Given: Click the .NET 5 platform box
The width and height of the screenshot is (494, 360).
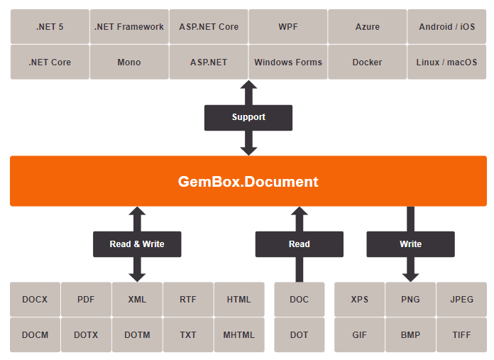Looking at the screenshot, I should [x=50, y=27].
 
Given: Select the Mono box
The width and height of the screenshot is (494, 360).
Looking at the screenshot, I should [x=129, y=62].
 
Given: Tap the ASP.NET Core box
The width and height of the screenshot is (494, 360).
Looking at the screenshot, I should [x=209, y=27].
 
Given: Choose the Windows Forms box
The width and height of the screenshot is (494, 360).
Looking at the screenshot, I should [x=288, y=62].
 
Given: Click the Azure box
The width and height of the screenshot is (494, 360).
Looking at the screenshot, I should [x=368, y=27].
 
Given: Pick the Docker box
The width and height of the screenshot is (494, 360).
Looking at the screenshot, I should [x=368, y=62].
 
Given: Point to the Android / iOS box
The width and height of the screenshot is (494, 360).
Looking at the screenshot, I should [x=447, y=27].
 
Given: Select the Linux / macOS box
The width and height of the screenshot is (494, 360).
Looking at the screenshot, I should [x=447, y=62].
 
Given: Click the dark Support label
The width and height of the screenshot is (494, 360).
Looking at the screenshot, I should [x=248, y=117].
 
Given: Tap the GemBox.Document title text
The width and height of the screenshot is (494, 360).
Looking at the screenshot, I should [x=248, y=182].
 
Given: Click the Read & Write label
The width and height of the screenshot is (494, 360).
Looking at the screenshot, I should [x=137, y=244].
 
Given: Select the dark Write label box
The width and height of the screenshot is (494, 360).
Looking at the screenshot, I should [x=410, y=244].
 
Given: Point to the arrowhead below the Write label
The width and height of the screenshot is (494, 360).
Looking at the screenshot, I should [x=410, y=275].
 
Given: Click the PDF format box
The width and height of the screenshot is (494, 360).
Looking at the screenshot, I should [x=86, y=300].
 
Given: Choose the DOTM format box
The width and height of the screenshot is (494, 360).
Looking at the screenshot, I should [x=137, y=335].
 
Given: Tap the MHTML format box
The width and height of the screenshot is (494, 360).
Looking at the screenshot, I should [x=239, y=335].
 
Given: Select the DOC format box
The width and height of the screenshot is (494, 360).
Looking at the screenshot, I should [x=300, y=300].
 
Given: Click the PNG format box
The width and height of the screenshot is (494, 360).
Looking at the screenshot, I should [x=410, y=300].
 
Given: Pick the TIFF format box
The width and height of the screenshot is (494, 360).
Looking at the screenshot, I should [x=461, y=335].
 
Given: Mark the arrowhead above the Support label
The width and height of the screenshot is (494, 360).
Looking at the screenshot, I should [x=248, y=87].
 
